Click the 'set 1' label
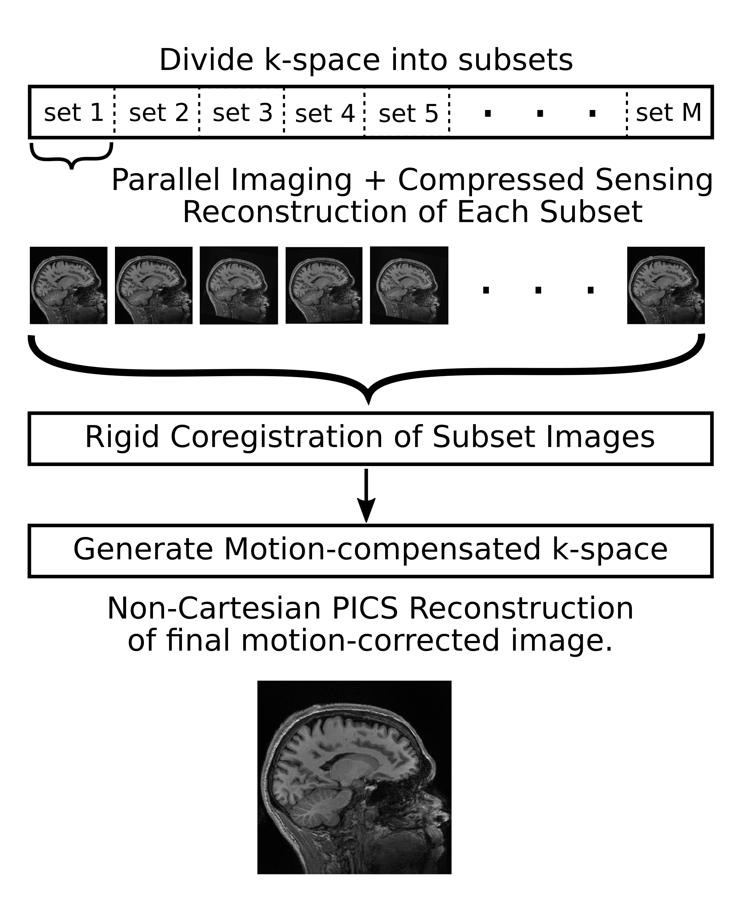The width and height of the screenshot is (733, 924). click(74, 113)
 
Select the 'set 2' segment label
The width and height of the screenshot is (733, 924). click(159, 113)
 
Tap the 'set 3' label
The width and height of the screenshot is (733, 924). click(243, 113)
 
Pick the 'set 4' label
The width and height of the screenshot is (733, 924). click(325, 113)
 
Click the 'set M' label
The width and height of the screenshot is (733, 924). click(668, 113)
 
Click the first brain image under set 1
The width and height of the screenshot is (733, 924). click(69, 285)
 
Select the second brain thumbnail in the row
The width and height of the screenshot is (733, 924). click(154, 285)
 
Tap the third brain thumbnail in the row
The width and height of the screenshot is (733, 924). click(239, 285)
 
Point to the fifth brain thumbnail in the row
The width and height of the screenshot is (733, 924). click(409, 285)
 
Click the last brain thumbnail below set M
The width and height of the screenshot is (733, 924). click(666, 285)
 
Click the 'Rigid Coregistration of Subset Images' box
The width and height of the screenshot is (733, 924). click(370, 438)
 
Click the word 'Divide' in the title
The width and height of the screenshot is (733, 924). click(206, 60)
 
